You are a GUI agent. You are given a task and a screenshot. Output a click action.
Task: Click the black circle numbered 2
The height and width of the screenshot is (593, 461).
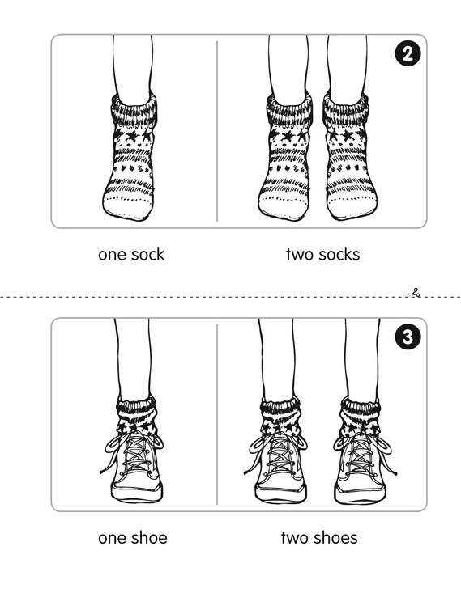tap(408, 53)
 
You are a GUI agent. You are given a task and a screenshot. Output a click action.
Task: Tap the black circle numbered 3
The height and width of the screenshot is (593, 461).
tap(408, 337)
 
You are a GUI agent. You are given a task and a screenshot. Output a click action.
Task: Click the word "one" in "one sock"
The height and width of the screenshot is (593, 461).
tap(110, 255)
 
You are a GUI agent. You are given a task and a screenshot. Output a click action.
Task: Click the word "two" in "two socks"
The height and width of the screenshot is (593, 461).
tap(299, 255)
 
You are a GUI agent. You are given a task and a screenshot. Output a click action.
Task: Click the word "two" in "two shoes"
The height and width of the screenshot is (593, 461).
tap(294, 538)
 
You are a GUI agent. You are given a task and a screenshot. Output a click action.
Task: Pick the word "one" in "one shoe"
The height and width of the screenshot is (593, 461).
tap(110, 539)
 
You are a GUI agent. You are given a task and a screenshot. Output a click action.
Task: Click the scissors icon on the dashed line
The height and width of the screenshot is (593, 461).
tap(416, 292)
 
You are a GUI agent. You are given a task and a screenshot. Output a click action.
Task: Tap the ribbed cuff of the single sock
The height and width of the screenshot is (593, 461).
tap(134, 110)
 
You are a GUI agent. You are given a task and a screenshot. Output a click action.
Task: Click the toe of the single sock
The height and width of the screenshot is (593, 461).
tap(128, 207)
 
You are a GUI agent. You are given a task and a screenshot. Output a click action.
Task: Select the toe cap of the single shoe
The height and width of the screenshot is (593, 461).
tap(137, 493)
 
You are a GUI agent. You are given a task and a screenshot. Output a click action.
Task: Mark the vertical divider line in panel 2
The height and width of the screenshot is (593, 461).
tap(217, 131)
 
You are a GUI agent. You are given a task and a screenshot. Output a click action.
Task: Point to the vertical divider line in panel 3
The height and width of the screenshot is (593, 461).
tap(217, 414)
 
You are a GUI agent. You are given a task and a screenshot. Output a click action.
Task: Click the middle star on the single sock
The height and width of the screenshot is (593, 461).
tap(133, 135)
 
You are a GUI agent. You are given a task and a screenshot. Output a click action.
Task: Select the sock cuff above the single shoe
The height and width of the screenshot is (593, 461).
tap(136, 409)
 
